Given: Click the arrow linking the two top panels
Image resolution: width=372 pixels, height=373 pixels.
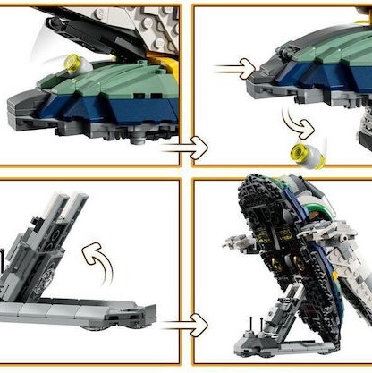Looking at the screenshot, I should pos(185,148).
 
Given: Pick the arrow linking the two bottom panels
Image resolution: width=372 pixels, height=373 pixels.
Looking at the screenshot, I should pos(185,322).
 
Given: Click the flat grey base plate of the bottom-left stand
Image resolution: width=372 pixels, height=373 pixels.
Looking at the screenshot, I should pos(72,310).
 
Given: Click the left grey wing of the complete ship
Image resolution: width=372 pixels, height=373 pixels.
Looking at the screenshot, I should pos(234,244).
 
